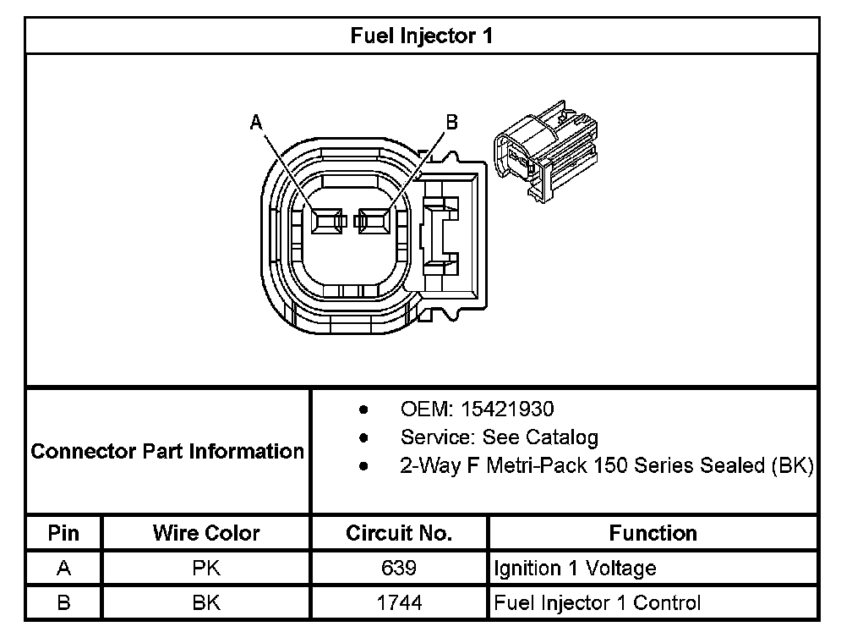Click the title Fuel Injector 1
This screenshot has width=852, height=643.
point(421,36)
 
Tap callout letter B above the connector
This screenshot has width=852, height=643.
point(451,124)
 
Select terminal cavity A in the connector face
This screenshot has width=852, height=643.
point(325,222)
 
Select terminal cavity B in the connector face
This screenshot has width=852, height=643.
point(374,222)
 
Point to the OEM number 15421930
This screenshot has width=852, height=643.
point(506,409)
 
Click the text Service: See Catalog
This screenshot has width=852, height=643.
point(499,437)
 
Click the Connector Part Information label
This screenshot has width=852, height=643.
point(167,451)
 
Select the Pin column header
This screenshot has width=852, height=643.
point(63,533)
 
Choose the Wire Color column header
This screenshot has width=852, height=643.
point(206,533)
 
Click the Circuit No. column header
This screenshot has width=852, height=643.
point(399,533)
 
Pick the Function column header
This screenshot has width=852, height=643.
point(653,533)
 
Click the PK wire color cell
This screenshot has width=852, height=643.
point(206,569)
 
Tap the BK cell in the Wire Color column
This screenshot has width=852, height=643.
point(206,603)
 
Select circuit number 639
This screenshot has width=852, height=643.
point(399,569)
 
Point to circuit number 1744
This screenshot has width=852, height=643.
point(399,603)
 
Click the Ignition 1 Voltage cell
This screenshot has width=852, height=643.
point(575,569)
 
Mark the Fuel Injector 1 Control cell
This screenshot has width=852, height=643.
point(597,603)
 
